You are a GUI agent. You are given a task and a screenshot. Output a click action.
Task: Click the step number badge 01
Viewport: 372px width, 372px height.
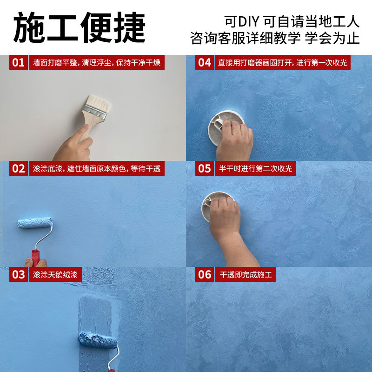click(x=18, y=62)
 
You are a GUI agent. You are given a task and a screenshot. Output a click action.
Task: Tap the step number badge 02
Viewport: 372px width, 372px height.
click(x=18, y=169)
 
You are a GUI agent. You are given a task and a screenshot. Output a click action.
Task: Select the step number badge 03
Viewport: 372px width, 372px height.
click(x=18, y=274)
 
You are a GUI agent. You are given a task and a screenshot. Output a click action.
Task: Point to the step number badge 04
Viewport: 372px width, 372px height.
click(x=205, y=62)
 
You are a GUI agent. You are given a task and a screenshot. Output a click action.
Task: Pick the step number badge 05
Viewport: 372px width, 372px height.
click(x=205, y=169)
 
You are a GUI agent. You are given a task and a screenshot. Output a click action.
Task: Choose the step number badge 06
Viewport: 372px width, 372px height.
click(x=205, y=274)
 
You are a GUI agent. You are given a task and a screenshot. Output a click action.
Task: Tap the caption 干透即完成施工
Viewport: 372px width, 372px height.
click(x=245, y=274)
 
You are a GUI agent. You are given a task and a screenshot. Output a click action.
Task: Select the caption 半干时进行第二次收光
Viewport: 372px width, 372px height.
click(x=255, y=169)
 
